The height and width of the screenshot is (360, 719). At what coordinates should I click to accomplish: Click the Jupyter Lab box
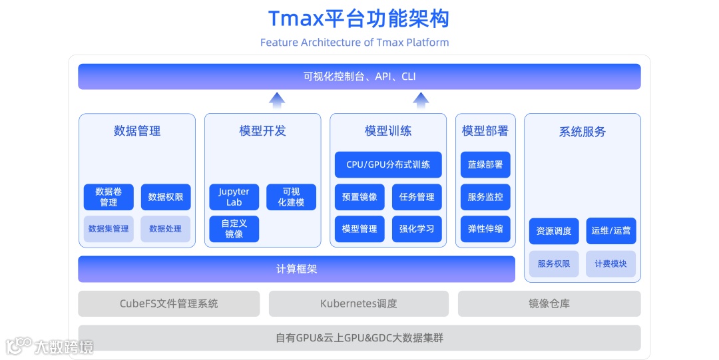(x=234, y=197)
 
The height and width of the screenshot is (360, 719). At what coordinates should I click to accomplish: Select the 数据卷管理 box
(x=109, y=197)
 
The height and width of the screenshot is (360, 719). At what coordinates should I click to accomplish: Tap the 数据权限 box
(x=166, y=197)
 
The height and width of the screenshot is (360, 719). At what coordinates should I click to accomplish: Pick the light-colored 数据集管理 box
(x=109, y=229)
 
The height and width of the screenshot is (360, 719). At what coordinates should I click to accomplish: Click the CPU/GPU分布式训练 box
(x=388, y=164)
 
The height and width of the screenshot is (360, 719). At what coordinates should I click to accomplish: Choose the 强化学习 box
(x=417, y=229)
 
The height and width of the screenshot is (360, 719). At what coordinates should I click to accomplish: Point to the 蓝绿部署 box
(x=485, y=164)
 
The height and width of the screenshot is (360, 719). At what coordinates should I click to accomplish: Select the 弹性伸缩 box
(x=485, y=229)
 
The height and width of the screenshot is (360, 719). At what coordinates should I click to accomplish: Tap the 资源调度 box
(x=554, y=231)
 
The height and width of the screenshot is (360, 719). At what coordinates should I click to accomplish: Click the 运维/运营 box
(x=611, y=231)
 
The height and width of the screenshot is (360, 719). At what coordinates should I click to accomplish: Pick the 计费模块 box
(x=611, y=264)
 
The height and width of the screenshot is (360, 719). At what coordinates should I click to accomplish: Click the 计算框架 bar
(x=297, y=270)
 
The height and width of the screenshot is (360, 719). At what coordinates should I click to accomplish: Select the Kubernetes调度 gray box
(x=358, y=303)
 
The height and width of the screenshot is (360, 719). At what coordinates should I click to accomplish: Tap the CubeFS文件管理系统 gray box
(x=169, y=303)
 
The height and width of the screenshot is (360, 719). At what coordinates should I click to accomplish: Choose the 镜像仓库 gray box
(x=549, y=303)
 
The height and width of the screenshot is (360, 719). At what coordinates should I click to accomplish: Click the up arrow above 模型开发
(x=277, y=100)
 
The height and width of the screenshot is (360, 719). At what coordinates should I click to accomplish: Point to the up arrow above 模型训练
(x=420, y=100)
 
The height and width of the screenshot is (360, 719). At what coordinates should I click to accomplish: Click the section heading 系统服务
(x=583, y=132)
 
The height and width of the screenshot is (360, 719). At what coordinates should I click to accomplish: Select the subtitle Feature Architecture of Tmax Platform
(x=354, y=43)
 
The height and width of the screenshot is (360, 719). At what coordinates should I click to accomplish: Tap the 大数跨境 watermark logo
(x=49, y=346)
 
